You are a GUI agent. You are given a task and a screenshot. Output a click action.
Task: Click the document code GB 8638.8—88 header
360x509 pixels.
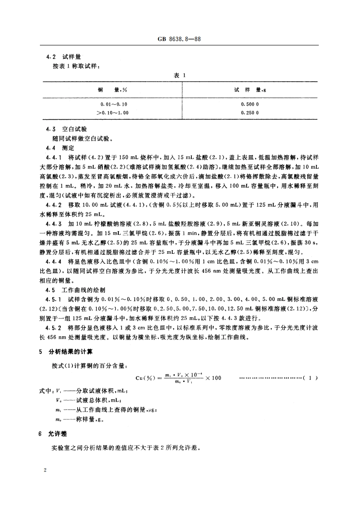point(180,39)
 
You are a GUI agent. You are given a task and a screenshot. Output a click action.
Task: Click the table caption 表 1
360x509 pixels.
point(180,76)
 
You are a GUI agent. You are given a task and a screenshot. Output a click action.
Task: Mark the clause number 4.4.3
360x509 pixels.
point(58,225)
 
